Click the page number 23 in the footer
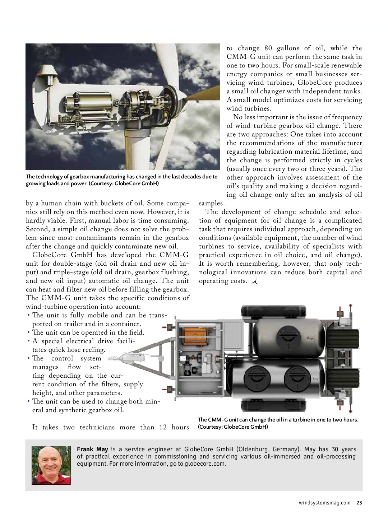tap(359, 503)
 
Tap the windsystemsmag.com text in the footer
tap(324, 503)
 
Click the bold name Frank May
tap(92, 449)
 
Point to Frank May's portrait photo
tap(51, 465)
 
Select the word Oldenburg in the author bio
tap(253, 449)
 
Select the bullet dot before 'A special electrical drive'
tap(28, 341)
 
